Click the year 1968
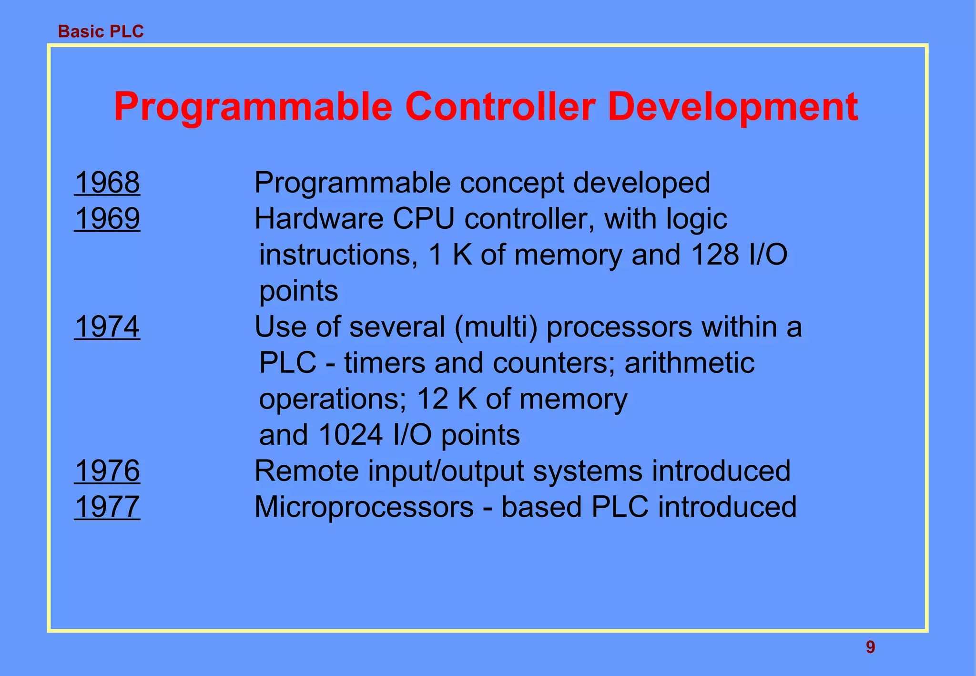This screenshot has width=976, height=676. pyautogui.click(x=107, y=183)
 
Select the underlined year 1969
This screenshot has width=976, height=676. pyautogui.click(x=107, y=219)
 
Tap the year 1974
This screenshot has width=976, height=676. pyautogui.click(x=107, y=327)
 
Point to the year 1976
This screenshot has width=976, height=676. pyautogui.click(x=107, y=471)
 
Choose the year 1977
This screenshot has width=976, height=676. pyautogui.click(x=107, y=507)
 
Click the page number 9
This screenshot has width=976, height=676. pyautogui.click(x=870, y=647)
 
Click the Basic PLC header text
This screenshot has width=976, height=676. pyautogui.click(x=101, y=31)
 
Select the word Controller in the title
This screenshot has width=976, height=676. pyautogui.click(x=500, y=107)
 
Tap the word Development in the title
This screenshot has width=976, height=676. pyautogui.click(x=732, y=107)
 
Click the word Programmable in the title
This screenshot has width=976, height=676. pyautogui.click(x=253, y=107)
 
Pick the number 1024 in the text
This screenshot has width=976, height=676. pyautogui.click(x=350, y=435)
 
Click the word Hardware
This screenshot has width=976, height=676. pyautogui.click(x=319, y=219)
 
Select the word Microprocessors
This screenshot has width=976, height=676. pyautogui.click(x=364, y=507)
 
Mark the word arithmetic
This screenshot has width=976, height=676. pyautogui.click(x=689, y=363)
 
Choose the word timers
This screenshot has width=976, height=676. pyautogui.click(x=385, y=363)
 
